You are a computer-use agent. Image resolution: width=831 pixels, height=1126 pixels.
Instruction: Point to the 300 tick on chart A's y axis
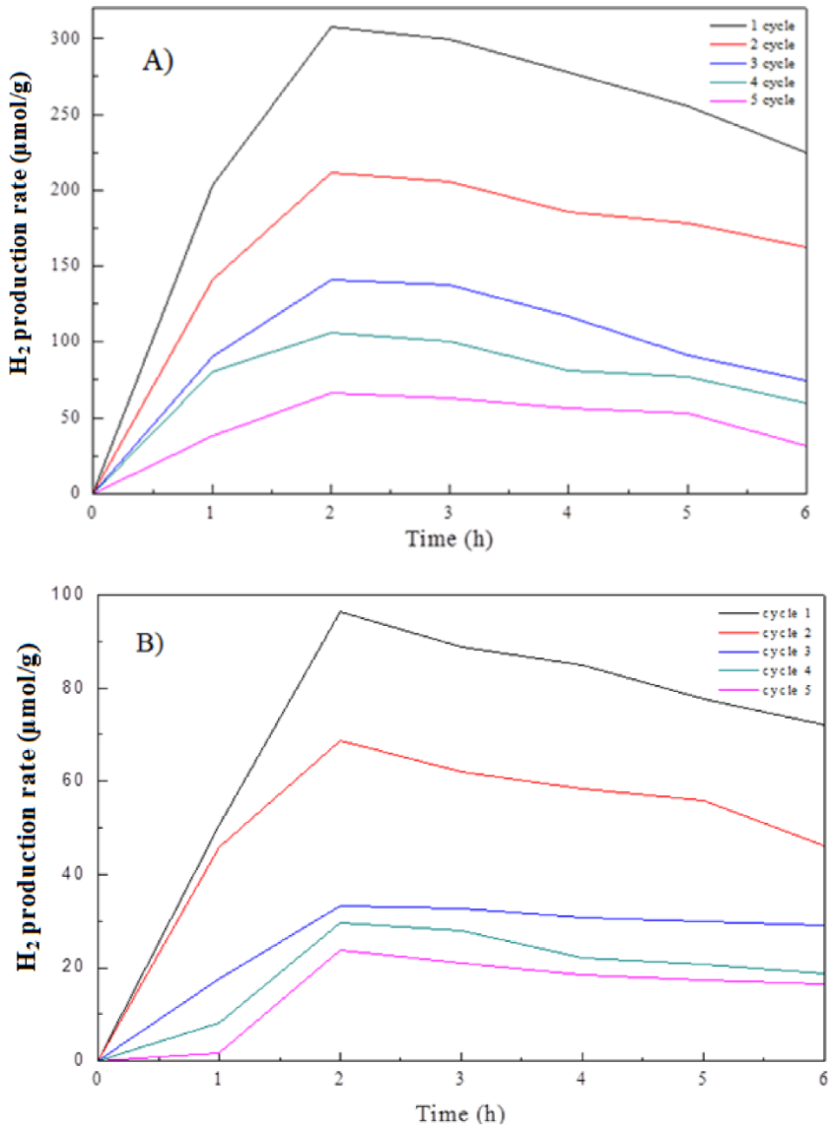69,38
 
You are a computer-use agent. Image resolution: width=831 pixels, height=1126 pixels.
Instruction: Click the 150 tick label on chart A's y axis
69,266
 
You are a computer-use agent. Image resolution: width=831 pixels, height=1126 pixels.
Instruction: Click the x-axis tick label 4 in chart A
568,513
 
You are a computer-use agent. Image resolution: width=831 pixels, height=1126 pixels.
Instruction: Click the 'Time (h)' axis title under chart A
449,539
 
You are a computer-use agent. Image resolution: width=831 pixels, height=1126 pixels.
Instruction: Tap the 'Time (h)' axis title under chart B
459,1112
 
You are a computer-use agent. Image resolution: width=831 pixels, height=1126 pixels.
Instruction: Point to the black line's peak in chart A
331,27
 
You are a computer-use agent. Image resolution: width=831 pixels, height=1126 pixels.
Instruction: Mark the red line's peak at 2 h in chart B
340,741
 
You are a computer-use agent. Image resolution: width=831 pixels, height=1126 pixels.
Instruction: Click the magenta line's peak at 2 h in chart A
331,392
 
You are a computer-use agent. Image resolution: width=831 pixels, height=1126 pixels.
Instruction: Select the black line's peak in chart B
340,611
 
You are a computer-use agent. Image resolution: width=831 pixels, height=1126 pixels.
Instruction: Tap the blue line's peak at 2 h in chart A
331,280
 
